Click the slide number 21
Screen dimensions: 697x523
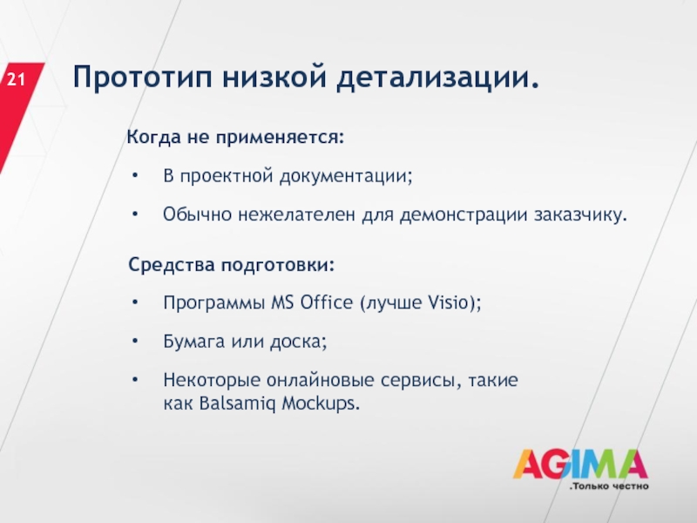click(16, 80)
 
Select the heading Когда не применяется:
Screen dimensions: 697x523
click(235, 137)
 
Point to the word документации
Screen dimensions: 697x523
click(346, 176)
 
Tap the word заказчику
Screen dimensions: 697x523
click(580, 214)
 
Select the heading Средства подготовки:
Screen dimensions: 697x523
click(231, 265)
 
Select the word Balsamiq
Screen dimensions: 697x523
click(237, 404)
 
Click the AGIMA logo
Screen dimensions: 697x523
click(580, 464)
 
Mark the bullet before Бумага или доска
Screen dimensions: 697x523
click(135, 342)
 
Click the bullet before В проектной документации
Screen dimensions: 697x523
click(135, 176)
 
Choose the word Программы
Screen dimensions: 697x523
click(214, 303)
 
